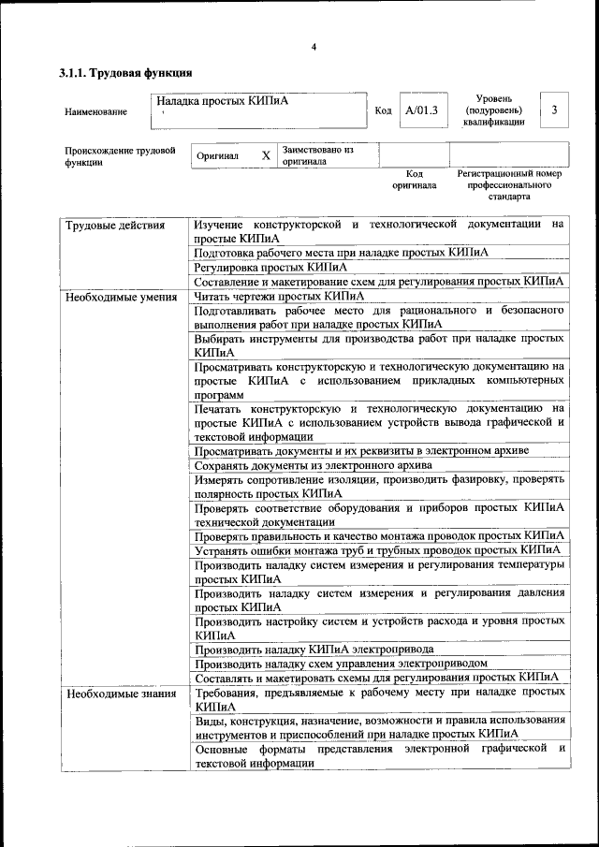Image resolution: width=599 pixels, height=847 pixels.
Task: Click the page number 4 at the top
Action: click(x=314, y=48)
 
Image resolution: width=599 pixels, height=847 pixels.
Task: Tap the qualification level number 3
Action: click(x=554, y=111)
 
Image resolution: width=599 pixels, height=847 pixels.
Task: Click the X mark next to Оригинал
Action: click(x=266, y=155)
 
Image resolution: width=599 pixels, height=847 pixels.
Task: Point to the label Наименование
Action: click(x=95, y=112)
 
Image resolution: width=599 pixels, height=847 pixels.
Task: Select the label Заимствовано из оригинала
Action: click(x=317, y=154)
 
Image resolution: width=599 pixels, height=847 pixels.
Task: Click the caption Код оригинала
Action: click(x=415, y=179)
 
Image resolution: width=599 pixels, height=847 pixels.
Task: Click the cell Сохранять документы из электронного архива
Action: click(x=313, y=465)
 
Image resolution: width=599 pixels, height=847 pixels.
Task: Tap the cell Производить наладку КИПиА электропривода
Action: click(x=314, y=649)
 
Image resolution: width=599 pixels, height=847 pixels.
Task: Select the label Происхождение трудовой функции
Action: click(x=120, y=155)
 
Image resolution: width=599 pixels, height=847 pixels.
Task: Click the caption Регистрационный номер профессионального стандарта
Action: click(x=509, y=185)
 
